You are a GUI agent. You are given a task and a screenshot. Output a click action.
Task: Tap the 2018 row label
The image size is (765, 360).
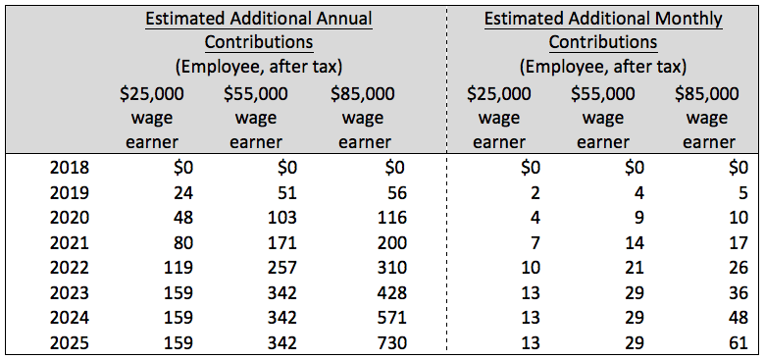tap(69, 167)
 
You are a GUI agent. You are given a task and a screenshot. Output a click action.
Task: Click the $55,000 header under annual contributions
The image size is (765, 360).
tap(256, 94)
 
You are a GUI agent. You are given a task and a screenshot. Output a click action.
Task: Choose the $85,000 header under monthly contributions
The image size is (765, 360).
tap(707, 94)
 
